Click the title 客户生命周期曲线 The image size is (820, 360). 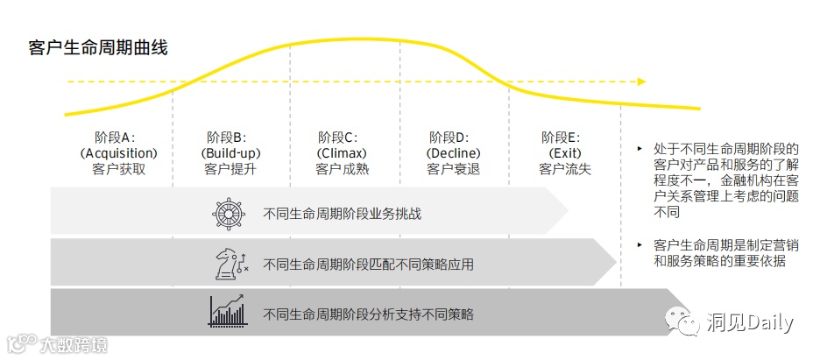[x=97, y=47]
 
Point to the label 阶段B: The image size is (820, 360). [x=227, y=138]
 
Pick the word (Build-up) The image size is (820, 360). [x=230, y=153]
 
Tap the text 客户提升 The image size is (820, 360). [x=230, y=169]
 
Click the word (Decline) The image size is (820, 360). [x=453, y=153]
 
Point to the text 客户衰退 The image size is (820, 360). [x=453, y=169]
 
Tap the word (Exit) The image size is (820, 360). [x=565, y=153]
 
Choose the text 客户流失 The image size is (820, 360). [x=565, y=169]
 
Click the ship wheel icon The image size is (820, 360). [x=228, y=214]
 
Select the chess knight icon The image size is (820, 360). [x=230, y=264]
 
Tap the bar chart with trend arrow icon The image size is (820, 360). [x=227, y=312]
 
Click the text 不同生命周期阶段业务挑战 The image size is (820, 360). [x=342, y=214]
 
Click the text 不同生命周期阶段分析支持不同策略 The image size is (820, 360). [x=368, y=313]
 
